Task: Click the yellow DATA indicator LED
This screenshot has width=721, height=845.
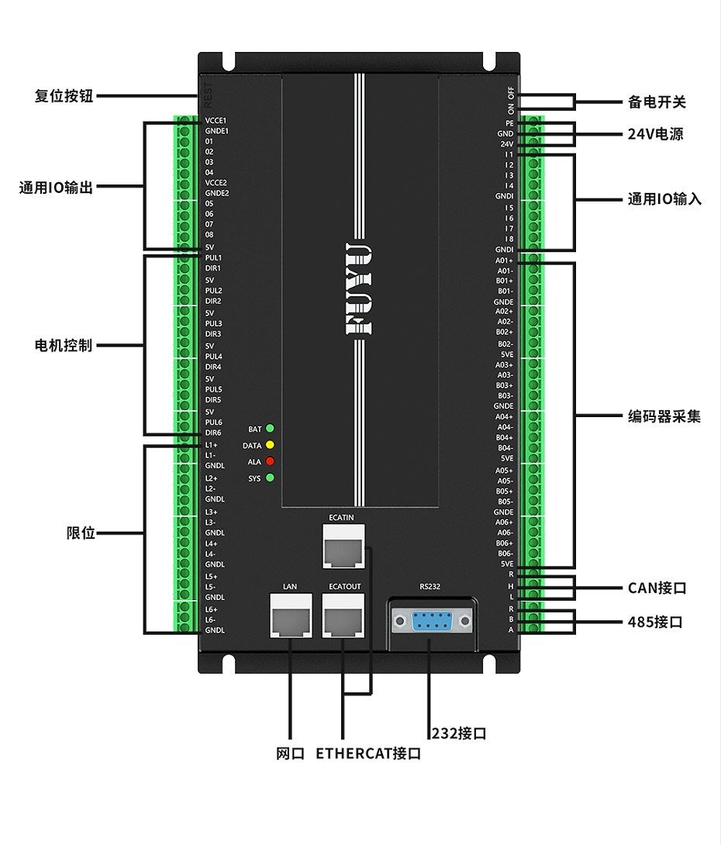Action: [x=270, y=445]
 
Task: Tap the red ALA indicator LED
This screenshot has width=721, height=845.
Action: [x=270, y=461]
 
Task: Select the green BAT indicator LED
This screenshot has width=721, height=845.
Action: [x=270, y=429]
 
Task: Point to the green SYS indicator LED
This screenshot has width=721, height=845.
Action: [x=270, y=478]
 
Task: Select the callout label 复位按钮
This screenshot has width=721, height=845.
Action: [x=64, y=96]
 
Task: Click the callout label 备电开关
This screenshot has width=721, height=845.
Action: [x=657, y=102]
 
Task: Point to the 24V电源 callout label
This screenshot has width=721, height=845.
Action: [x=655, y=134]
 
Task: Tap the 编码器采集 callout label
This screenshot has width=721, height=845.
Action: [x=664, y=416]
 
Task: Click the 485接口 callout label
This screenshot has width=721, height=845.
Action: [x=655, y=622]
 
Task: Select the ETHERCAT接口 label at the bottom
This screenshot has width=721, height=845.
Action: [x=368, y=754]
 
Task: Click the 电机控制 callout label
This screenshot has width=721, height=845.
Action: [x=64, y=345]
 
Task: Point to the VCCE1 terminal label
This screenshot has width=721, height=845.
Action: [x=216, y=121]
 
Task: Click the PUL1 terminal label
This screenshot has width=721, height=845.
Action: [x=213, y=257]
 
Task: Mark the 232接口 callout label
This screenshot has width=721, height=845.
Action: [x=459, y=733]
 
